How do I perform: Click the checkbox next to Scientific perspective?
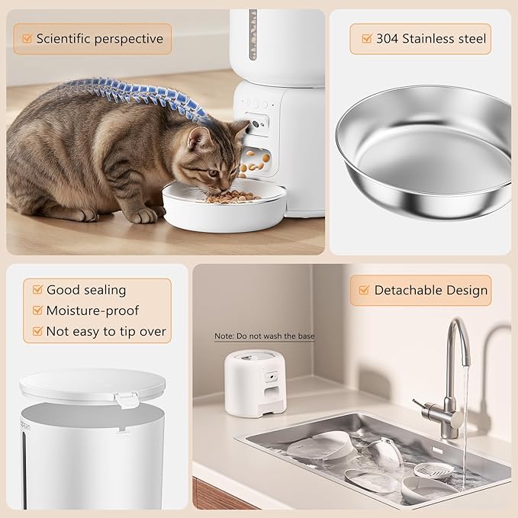(x=27, y=38)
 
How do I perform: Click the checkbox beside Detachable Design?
(x=362, y=290)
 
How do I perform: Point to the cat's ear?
(x=200, y=138)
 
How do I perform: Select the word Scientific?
(x=64, y=38)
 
